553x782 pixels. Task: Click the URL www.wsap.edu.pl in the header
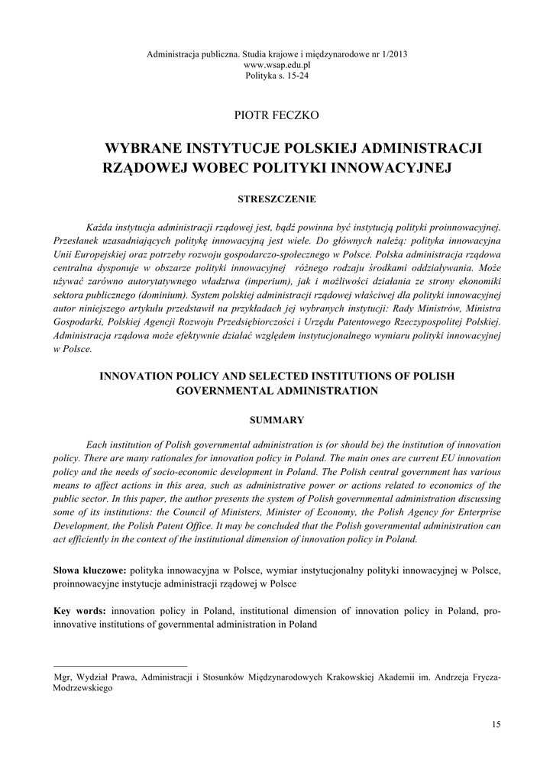click(x=276, y=66)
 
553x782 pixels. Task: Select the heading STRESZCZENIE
click(x=276, y=199)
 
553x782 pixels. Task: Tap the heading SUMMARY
click(x=277, y=420)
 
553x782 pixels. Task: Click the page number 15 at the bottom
click(x=496, y=724)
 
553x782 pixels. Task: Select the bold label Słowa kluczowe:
click(x=89, y=570)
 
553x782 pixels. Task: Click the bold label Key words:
click(x=81, y=611)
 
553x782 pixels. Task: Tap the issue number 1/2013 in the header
click(x=393, y=55)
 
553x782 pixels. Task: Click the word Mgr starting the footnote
click(x=62, y=677)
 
